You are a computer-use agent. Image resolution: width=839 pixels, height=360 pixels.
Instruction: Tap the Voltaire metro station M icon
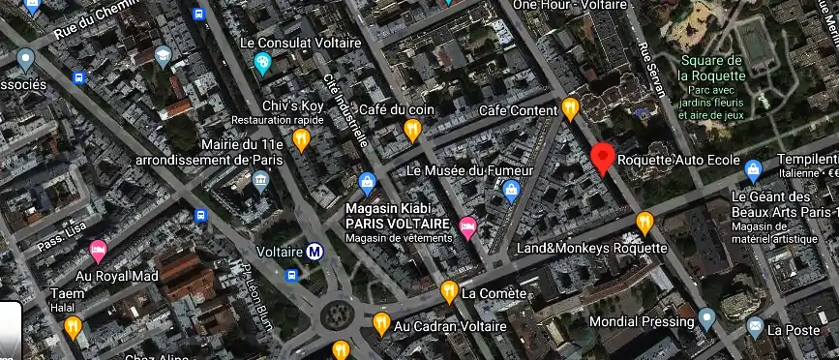pyautogui.click(x=315, y=253)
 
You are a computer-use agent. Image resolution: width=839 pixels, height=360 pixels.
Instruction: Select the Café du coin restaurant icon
pyautogui.click(x=413, y=130)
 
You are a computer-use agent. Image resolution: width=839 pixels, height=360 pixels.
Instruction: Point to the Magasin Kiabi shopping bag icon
pyautogui.click(x=368, y=182)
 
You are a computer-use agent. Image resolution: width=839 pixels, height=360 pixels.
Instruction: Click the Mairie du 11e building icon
pyautogui.click(x=260, y=181)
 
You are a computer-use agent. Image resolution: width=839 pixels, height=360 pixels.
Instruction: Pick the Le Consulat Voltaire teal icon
pyautogui.click(x=262, y=64)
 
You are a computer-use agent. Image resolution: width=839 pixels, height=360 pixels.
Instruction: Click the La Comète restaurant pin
pyautogui.click(x=448, y=291)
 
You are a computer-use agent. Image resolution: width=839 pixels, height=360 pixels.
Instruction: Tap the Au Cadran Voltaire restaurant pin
pyautogui.click(x=380, y=324)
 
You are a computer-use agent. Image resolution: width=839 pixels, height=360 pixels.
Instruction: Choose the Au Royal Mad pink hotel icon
pyautogui.click(x=98, y=252)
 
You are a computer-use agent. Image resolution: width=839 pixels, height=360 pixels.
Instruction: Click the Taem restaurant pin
pyautogui.click(x=73, y=328)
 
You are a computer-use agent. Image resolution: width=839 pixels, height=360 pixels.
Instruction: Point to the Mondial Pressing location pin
pyautogui.click(x=707, y=317)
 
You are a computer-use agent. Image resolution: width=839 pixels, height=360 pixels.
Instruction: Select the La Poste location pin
pyautogui.click(x=752, y=328)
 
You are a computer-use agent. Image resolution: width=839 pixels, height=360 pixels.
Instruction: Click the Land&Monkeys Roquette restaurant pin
pyautogui.click(x=644, y=224)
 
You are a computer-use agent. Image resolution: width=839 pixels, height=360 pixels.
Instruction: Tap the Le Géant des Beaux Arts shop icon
pyautogui.click(x=753, y=171)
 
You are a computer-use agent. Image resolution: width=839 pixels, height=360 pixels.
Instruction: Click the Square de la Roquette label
pyautogui.click(x=711, y=67)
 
